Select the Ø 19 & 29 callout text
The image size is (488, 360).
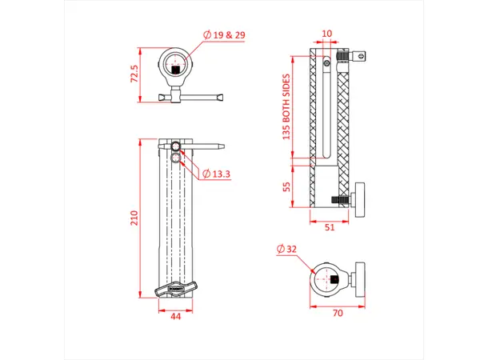pos(225,34)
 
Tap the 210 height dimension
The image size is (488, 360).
pos(135,218)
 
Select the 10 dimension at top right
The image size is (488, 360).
pos(326,34)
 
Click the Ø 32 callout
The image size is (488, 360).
pos(290,250)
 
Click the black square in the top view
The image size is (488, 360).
pos(176,70)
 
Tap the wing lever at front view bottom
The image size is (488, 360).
pos(174,288)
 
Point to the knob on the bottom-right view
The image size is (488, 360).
pos(360,278)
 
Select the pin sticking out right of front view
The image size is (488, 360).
pos(211,146)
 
